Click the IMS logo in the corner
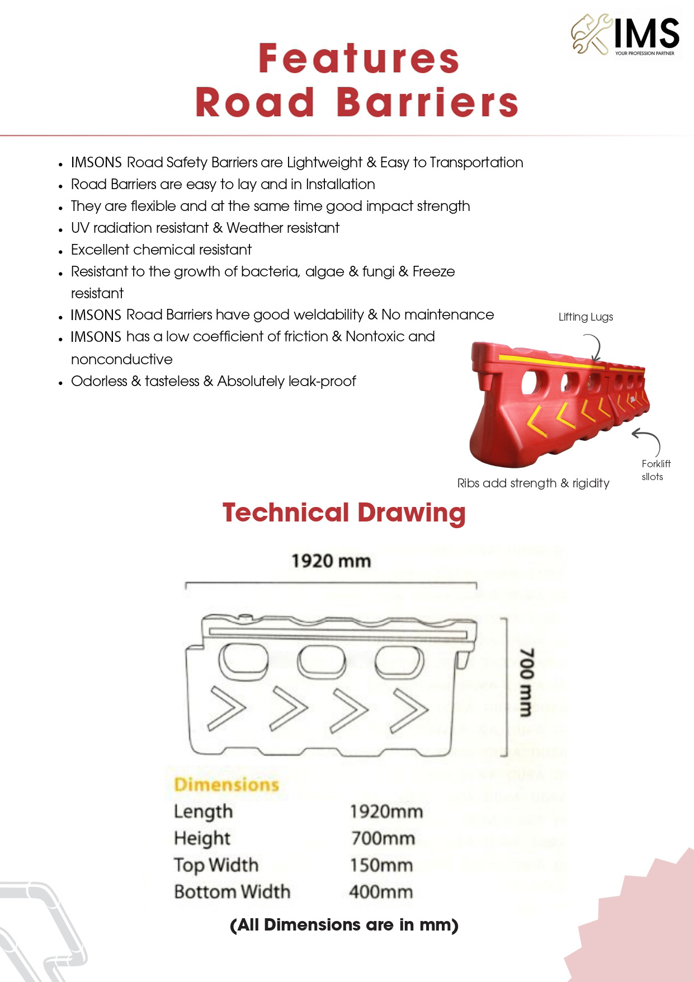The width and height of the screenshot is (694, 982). (x=625, y=35)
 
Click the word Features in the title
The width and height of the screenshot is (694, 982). (x=358, y=59)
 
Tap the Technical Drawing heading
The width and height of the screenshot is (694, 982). (x=344, y=513)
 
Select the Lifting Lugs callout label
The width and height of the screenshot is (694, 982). (x=586, y=317)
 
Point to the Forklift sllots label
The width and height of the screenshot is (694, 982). (x=655, y=470)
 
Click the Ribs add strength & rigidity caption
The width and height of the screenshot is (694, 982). (x=533, y=483)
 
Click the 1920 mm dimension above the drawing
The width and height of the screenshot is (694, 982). (x=331, y=561)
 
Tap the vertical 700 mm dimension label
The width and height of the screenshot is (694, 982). (x=526, y=682)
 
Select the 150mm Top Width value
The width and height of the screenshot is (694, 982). (x=381, y=865)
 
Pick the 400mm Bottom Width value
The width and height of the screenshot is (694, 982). (x=381, y=891)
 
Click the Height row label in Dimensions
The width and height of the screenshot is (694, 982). (x=202, y=838)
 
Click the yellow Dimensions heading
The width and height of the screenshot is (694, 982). (x=226, y=784)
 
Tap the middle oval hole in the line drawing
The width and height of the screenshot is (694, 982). (x=322, y=662)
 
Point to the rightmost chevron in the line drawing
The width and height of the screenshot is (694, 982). (x=409, y=711)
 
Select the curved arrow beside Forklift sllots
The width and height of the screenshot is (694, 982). (x=648, y=440)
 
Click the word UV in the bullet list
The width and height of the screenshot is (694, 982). (x=80, y=228)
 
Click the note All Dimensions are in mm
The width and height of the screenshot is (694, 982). (x=344, y=925)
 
